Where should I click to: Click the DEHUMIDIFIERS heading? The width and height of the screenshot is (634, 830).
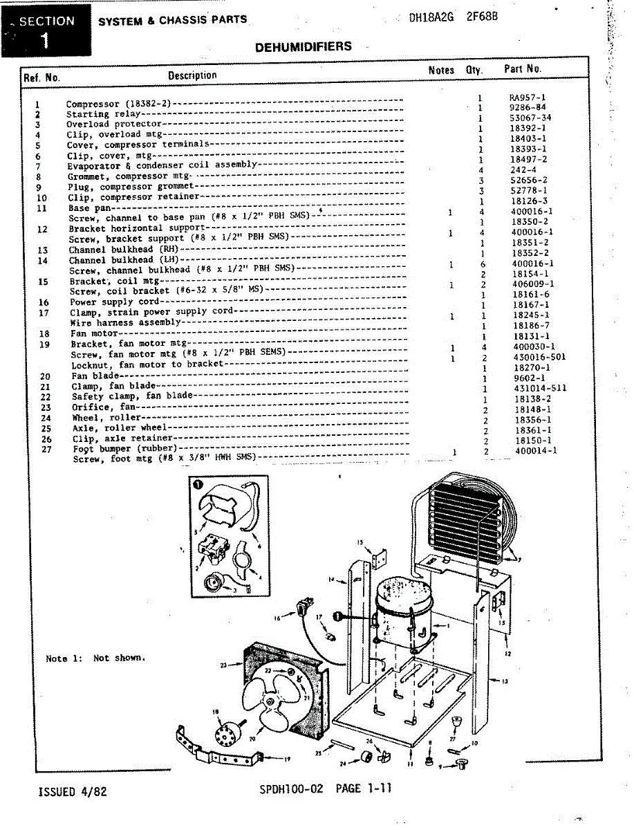(304, 47)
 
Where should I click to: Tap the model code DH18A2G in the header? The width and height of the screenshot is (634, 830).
(431, 18)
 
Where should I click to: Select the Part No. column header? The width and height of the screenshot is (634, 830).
(522, 68)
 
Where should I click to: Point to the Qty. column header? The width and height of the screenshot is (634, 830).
(474, 69)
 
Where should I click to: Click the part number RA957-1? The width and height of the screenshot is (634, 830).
(528, 98)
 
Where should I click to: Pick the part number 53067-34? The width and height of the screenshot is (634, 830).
(530, 118)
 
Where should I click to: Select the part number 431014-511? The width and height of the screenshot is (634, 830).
(540, 388)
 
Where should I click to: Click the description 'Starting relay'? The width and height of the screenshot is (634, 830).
(104, 114)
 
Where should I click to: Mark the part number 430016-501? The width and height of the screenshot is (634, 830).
(539, 357)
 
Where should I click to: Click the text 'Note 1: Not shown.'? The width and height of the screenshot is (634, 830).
(95, 658)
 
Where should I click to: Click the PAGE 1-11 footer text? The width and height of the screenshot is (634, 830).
(363, 788)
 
